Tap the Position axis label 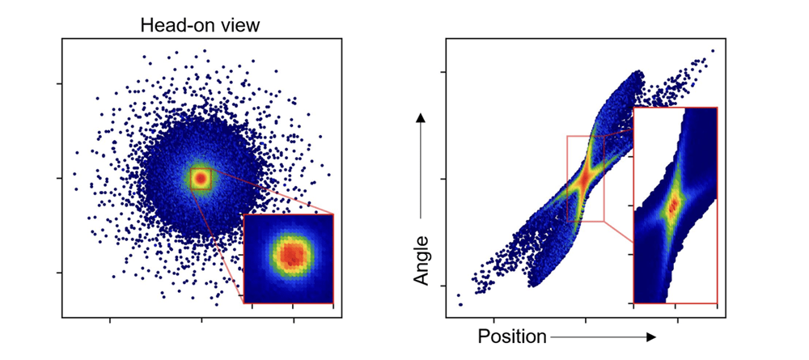coord(512,336)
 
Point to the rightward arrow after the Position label coord(603,336)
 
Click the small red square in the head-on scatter coord(201,177)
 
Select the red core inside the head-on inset coord(289,255)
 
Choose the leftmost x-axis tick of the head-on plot coord(110,320)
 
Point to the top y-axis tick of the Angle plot coord(443,72)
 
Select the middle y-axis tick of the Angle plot coord(443,179)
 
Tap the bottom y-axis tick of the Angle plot coord(443,286)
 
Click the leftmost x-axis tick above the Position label coord(493,320)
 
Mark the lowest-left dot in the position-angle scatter coord(460,304)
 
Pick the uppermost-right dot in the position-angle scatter coord(713,50)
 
